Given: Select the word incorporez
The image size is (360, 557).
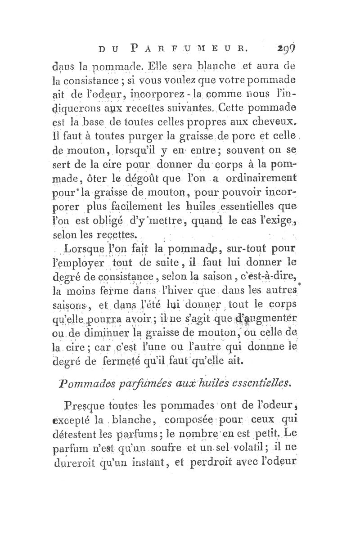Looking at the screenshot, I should [x=145, y=96].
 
